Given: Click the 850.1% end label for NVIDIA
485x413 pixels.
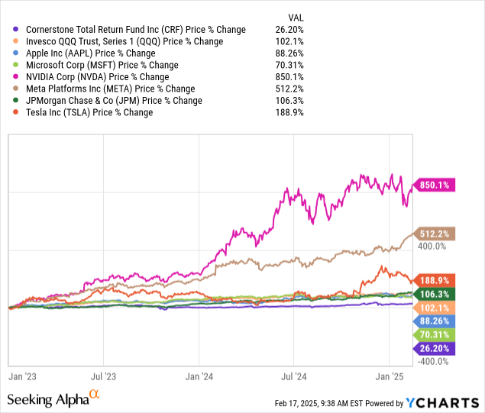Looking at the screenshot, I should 436,184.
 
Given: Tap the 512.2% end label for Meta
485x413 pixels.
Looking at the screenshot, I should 436,234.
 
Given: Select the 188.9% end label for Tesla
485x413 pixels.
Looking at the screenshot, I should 436,279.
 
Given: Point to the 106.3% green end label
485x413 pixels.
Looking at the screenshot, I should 436,294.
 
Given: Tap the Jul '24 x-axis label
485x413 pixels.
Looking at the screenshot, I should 294,376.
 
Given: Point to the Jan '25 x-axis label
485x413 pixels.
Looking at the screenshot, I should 390,376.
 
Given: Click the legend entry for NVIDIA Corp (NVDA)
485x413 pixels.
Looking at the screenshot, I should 97,77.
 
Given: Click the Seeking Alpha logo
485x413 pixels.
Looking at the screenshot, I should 53,399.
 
